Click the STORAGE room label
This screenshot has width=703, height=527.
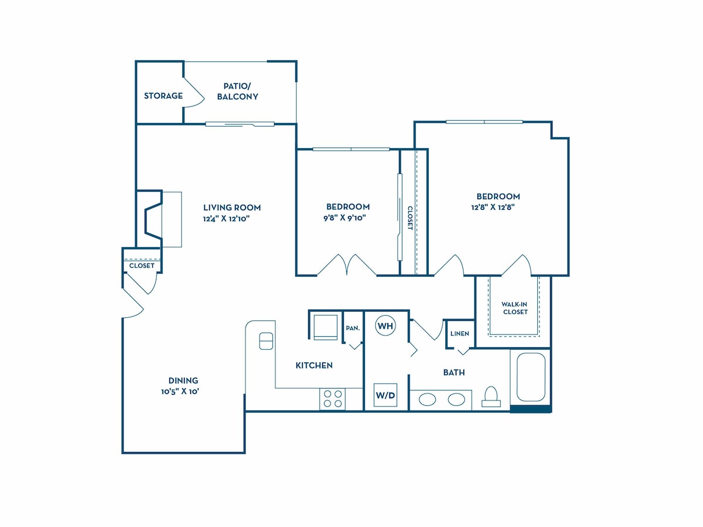tap(163, 95)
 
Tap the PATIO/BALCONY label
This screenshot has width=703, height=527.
tap(237, 91)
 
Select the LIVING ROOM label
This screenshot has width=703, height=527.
tap(232, 208)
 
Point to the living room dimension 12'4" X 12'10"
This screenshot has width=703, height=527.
tap(226, 219)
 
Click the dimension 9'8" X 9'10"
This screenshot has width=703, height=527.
tap(344, 218)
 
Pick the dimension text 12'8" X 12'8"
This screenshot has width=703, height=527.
tap(493, 207)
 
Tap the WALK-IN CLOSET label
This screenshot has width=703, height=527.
tap(515, 308)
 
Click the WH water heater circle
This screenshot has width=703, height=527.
tap(385, 326)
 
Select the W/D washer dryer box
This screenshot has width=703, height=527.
tap(385, 395)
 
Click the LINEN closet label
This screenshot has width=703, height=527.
tap(460, 333)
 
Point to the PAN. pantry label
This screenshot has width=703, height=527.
tap(353, 328)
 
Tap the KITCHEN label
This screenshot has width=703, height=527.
tap(314, 365)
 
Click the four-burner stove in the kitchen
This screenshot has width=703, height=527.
tap(332, 399)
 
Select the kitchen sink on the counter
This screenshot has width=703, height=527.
tap(266, 341)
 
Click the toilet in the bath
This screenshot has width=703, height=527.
tap(491, 397)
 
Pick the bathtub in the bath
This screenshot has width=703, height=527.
tap(531, 377)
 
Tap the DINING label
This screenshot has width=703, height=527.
tap(183, 381)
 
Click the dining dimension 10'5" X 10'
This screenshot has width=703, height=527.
tap(180, 392)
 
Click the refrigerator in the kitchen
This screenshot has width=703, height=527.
tap(325, 327)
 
